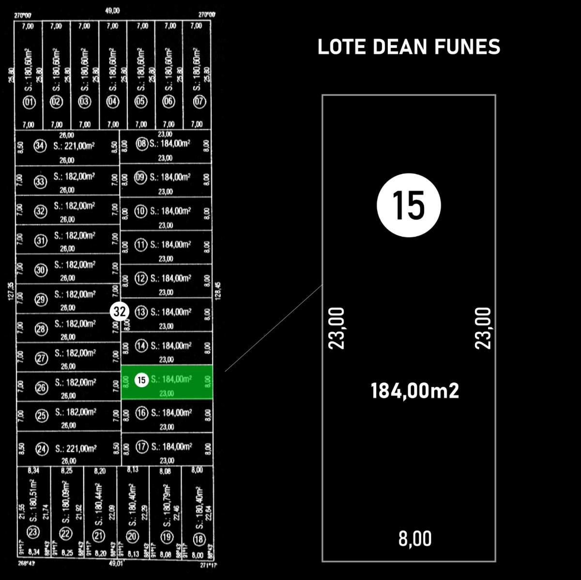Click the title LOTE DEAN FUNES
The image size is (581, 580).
[x=409, y=47]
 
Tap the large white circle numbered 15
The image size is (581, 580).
[x=409, y=205]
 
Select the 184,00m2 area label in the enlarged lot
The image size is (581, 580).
[x=415, y=390]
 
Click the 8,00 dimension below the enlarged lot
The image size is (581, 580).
[x=415, y=538]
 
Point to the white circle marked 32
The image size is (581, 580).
[x=120, y=311]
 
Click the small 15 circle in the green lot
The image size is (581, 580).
[x=141, y=380]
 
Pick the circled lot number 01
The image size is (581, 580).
[x=30, y=102]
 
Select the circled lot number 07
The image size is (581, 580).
[x=199, y=102]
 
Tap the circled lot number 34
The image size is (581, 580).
[x=40, y=145]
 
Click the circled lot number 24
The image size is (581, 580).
[x=42, y=449]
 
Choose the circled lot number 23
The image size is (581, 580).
[x=33, y=533]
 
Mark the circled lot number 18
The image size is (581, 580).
[x=199, y=539]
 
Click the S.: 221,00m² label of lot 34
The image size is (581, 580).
[x=74, y=146]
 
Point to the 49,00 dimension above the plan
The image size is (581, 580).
[x=112, y=11]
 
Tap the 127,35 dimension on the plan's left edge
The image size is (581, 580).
[x=11, y=291]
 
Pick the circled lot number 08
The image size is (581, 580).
[x=141, y=143]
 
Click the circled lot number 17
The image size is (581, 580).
[x=141, y=447]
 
